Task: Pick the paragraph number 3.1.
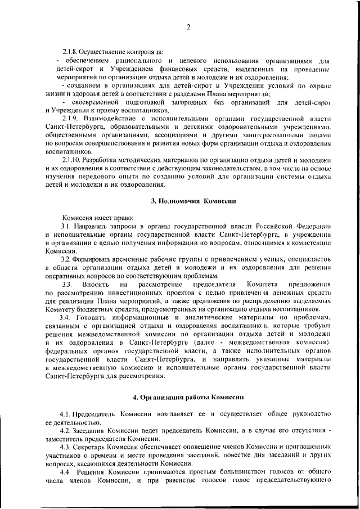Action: [66, 226]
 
